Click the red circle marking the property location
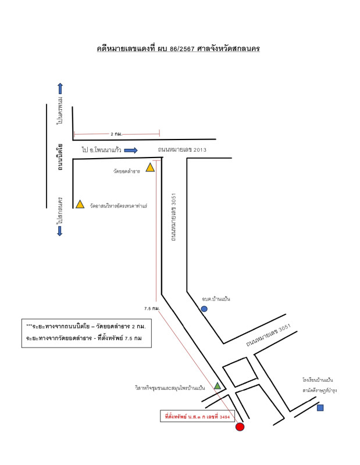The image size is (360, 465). pos(240,427)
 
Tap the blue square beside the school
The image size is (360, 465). pos(320,408)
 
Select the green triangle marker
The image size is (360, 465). pos(218,386)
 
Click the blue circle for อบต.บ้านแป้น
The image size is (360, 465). pos(204,309)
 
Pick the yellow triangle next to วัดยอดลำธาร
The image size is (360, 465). pos(150,167)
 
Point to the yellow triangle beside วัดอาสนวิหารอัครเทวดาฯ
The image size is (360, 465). pos(80,205)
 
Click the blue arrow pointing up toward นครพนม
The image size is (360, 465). pos(60,88)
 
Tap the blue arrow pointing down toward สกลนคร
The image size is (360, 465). pos(60,231)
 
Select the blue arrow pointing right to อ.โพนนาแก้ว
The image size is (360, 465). pos(131,151)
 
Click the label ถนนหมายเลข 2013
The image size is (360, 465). pos(182,150)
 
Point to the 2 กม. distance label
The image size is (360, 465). pos(116,134)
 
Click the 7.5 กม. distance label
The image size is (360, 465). pos(152,309)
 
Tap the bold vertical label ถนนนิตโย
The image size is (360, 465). pos(60,157)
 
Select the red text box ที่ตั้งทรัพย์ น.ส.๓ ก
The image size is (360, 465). pos(197,416)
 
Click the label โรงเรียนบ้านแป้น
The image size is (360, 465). pos(318,380)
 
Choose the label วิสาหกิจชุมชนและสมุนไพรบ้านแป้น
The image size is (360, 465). pos(170,388)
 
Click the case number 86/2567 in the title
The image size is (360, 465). pos(182,49)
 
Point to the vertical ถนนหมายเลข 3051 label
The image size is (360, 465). pos(174,217)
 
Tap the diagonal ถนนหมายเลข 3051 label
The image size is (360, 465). pos(268,335)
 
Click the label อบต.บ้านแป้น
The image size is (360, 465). pos(216,299)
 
